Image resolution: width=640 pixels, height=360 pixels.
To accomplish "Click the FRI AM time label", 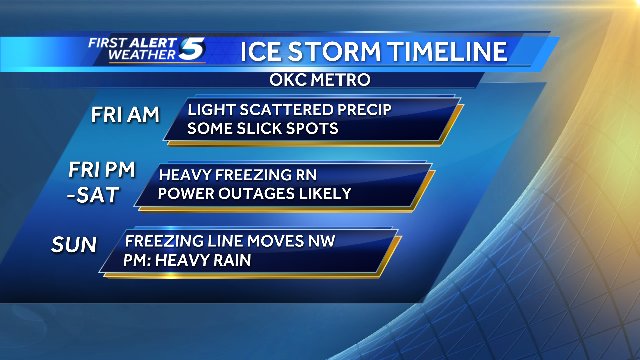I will pos(125,116).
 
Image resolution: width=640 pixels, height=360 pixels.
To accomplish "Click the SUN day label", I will pos(77,245).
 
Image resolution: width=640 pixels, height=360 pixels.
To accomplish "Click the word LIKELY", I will pos(324,193).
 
